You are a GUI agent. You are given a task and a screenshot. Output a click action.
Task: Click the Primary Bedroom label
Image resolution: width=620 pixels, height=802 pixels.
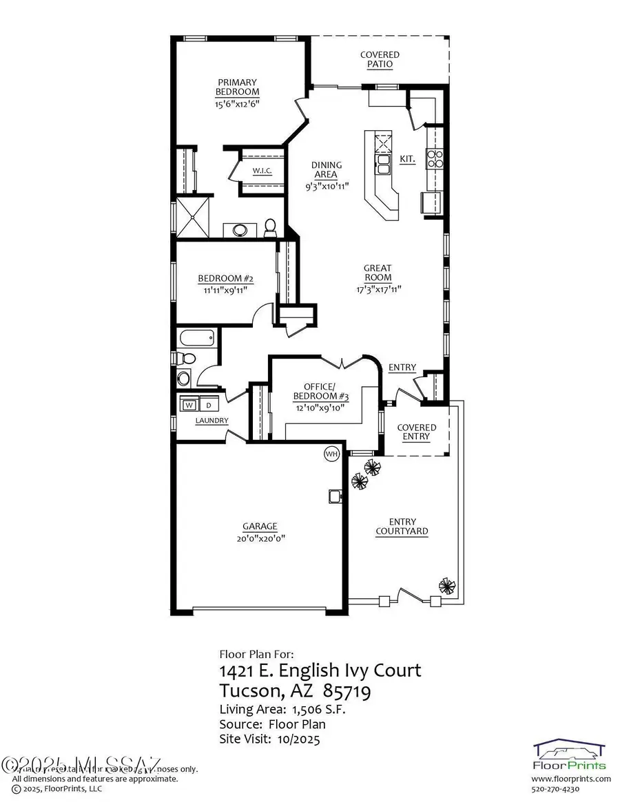[237, 87]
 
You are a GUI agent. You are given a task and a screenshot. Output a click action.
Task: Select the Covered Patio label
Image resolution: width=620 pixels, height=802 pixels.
[380, 59]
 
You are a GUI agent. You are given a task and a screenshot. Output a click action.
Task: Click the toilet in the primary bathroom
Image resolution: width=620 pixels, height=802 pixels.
[270, 226]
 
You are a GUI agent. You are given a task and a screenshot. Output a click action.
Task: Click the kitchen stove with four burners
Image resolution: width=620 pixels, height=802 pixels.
[436, 160]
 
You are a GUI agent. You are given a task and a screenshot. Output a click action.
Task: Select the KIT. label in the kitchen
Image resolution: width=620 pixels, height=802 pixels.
[408, 159]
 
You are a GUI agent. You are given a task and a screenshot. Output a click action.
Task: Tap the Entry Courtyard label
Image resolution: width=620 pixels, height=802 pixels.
[402, 527]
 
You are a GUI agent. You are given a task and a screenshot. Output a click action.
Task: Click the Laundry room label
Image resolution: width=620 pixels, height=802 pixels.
[211, 421]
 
